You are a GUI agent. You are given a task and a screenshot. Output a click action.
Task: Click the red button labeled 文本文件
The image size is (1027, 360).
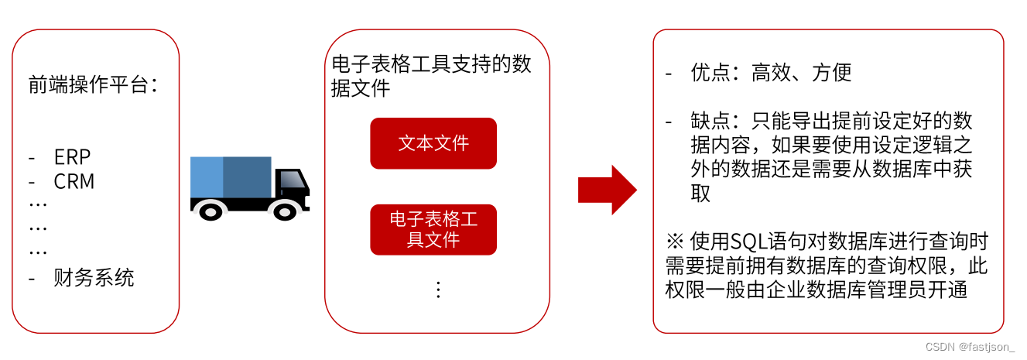pos(433,143)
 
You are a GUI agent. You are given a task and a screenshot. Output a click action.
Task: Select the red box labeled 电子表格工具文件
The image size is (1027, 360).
pos(433,229)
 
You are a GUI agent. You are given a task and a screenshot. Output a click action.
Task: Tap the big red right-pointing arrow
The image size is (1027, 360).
pos(608,190)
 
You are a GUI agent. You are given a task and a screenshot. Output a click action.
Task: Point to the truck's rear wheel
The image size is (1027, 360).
pos(211,209)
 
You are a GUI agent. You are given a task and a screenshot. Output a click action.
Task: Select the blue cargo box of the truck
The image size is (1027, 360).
pos(231,177)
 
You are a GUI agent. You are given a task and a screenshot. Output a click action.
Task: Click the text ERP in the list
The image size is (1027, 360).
pos(72,157)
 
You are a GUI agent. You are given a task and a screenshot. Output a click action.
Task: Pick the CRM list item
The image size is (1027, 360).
pos(74,181)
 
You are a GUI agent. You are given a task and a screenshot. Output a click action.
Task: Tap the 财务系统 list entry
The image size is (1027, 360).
pos(94,277)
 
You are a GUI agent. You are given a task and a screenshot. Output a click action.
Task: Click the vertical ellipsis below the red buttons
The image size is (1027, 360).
pos(438,290)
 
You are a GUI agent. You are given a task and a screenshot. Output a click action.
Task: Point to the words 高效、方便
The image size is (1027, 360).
pos(801,74)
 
